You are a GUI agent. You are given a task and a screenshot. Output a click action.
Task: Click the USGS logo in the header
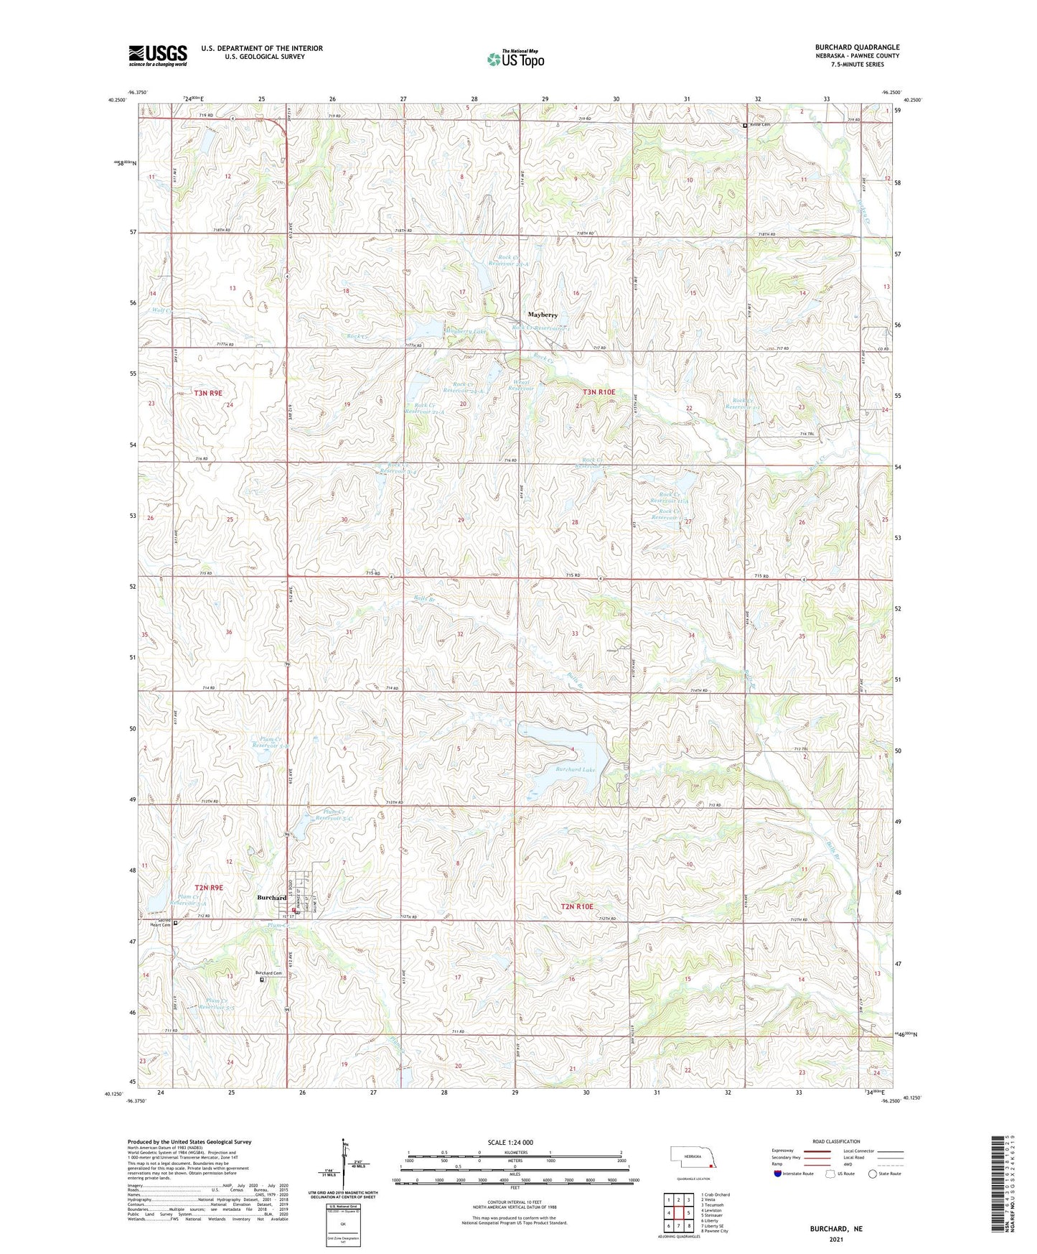(158, 55)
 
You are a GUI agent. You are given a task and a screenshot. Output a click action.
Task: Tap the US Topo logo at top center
(515, 59)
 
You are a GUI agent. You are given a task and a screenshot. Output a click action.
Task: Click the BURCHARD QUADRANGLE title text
(857, 47)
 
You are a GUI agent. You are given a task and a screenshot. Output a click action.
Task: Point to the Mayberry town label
(543, 315)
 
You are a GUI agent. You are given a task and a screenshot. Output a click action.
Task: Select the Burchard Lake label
(575, 769)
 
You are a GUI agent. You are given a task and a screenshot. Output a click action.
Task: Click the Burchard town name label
(272, 898)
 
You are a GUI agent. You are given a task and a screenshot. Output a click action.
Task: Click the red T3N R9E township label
(208, 393)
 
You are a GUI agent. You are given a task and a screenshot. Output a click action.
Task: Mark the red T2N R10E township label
(577, 907)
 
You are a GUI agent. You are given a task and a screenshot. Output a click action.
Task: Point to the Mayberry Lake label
(466, 331)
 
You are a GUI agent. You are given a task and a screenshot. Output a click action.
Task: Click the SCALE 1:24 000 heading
(510, 1142)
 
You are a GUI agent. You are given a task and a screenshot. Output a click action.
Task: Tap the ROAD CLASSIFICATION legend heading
(836, 1141)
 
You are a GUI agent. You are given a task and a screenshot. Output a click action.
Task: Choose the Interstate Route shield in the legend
(779, 1174)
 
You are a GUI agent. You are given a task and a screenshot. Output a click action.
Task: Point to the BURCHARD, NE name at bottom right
(836, 1229)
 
